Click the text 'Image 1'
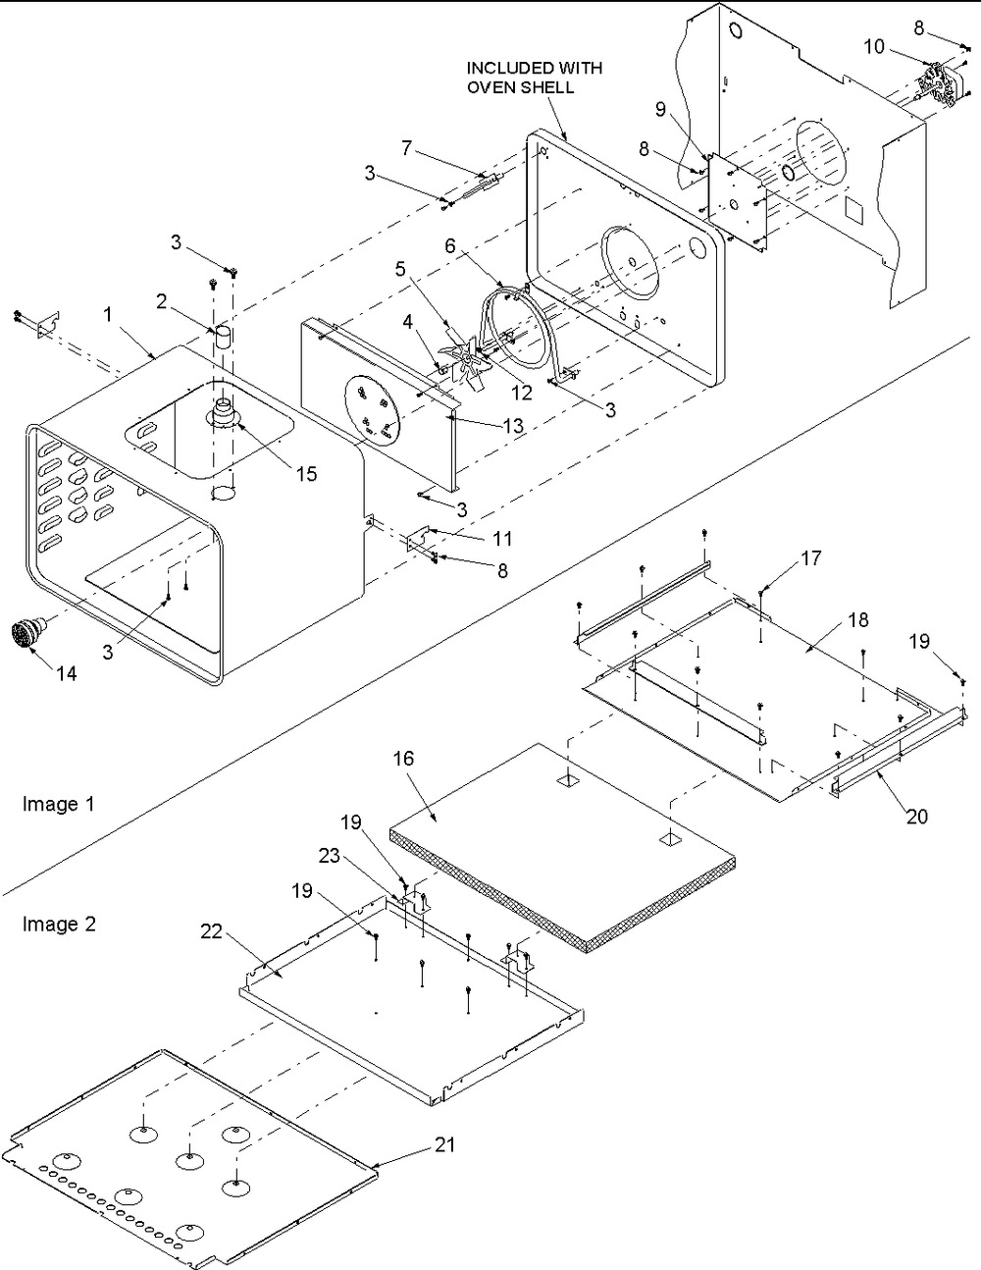[58, 804]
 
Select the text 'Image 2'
[59, 924]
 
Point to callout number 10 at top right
[873, 46]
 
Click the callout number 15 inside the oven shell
[306, 473]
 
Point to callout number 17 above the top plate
[810, 558]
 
